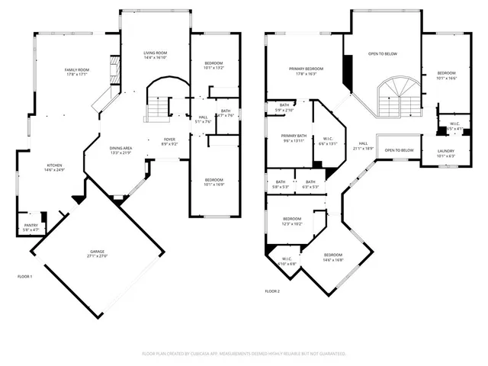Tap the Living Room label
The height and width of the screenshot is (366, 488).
click(156, 53)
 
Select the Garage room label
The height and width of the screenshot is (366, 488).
click(97, 252)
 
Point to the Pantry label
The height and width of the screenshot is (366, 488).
click(30, 226)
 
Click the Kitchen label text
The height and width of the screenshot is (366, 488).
click(55, 165)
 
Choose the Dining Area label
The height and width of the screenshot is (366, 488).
click(121, 149)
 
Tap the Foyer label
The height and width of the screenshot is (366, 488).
click(169, 140)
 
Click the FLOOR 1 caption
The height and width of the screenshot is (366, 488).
click(25, 276)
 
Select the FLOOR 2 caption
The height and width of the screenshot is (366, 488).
click(272, 291)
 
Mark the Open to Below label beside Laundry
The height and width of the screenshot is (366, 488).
click(399, 150)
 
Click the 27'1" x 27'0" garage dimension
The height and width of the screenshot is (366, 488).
click(97, 257)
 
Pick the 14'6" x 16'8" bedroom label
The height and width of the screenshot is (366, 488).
click(333, 257)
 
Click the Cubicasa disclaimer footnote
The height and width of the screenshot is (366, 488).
click(244, 354)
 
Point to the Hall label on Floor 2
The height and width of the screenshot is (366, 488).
click(364, 143)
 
